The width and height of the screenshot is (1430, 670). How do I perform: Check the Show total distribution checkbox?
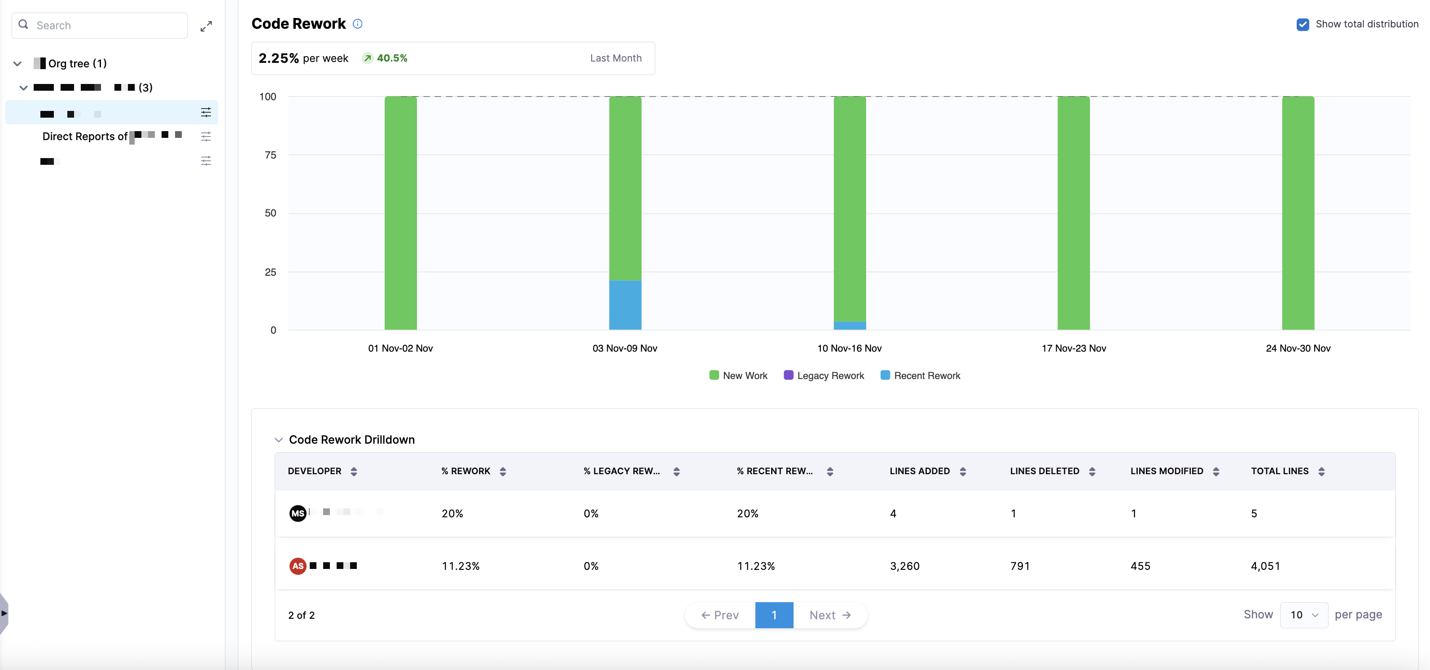1303,24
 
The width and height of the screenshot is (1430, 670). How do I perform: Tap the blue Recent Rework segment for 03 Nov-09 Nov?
625,305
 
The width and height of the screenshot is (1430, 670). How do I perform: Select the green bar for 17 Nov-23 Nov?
1074,213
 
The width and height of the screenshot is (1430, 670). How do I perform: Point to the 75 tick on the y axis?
270,155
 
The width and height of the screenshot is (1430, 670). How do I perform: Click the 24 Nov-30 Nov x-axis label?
1298,348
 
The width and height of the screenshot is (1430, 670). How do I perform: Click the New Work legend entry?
738,375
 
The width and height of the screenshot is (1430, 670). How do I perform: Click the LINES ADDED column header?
919,471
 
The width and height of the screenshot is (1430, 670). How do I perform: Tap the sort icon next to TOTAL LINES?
1322,472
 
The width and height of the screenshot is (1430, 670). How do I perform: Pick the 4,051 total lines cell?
1265,566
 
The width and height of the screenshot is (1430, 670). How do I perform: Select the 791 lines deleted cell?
1020,566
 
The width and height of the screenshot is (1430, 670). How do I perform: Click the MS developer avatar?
298,513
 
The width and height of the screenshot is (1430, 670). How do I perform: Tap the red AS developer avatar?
298,566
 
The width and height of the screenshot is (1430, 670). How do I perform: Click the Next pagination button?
830,615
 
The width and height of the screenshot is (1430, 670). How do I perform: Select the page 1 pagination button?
774,615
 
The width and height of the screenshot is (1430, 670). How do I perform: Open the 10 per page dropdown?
1303,615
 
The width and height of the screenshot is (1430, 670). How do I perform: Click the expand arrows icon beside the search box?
206,26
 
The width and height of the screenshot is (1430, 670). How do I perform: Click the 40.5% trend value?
392,58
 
